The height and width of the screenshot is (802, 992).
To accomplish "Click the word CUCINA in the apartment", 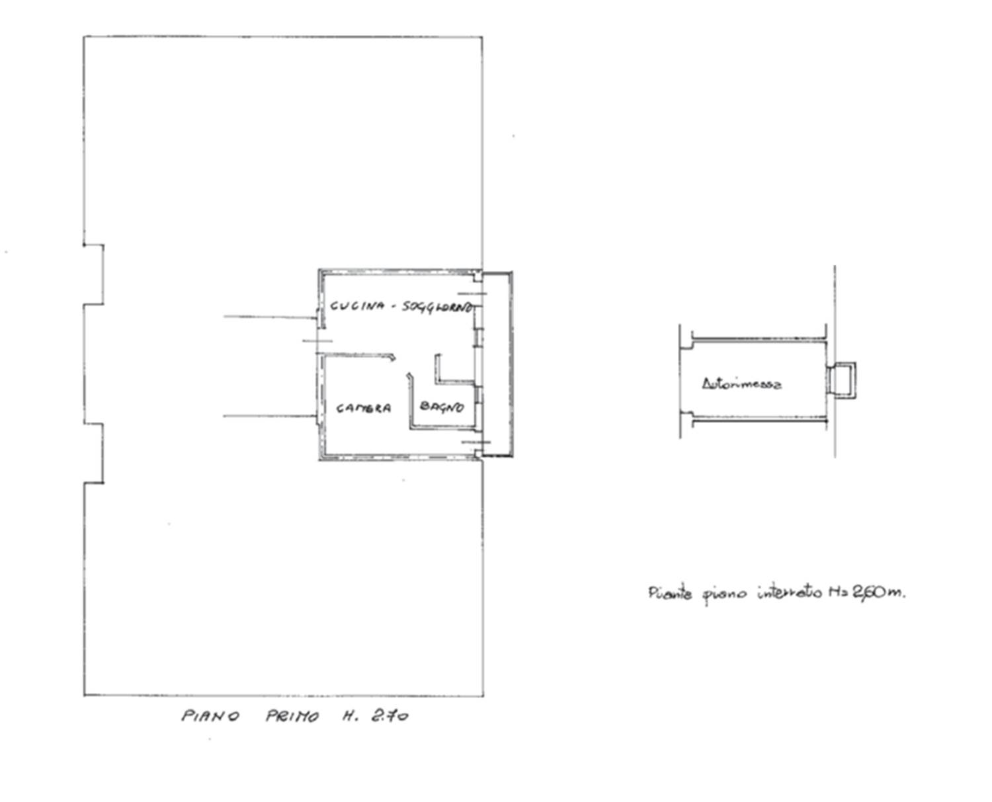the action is [357, 306].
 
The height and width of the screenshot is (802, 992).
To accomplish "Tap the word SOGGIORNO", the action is [438, 307].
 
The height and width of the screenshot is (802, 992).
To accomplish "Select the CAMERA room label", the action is [363, 408].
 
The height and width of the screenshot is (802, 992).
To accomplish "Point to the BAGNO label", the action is [442, 407].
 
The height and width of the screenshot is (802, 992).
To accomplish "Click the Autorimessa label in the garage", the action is [741, 384].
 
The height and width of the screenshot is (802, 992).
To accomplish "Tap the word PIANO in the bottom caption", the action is [210, 715].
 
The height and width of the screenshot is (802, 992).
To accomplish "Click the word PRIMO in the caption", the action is [292, 716].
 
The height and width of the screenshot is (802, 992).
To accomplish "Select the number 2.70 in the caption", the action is [390, 715].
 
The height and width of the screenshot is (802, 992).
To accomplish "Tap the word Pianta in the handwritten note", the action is [670, 594].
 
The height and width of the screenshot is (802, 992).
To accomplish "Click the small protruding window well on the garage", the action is [841, 380].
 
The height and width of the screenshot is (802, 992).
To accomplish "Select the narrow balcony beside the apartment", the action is [497, 364].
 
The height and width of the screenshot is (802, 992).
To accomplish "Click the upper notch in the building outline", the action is [93, 274].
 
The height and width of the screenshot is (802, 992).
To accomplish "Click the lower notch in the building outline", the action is [93, 454].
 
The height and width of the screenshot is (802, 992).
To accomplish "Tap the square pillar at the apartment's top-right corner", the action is [477, 277].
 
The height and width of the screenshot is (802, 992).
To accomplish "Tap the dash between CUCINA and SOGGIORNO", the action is [394, 306].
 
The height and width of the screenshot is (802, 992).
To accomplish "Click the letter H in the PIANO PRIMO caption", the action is [347, 716].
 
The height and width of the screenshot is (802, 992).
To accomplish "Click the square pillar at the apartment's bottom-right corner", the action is [478, 454].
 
